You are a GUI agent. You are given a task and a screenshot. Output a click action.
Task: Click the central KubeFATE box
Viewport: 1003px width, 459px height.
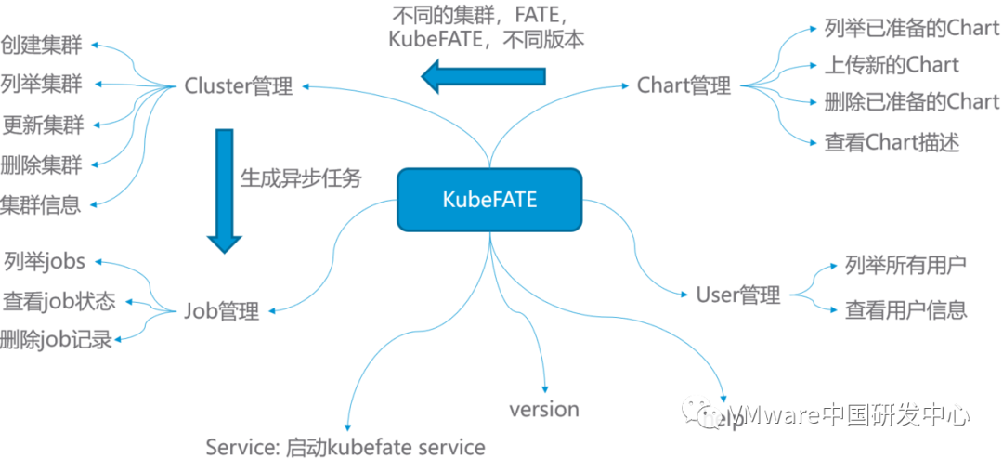(x=488, y=199)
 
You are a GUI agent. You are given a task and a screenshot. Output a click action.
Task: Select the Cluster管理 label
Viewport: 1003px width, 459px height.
(x=239, y=86)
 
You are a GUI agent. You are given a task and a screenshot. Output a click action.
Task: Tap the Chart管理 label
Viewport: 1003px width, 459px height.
(x=684, y=86)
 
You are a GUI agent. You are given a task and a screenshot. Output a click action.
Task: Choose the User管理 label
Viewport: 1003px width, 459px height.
(x=738, y=295)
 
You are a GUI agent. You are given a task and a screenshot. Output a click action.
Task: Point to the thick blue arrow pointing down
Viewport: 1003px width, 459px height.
(x=224, y=190)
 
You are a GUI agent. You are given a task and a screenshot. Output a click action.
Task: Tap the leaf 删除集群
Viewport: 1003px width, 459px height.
(x=42, y=164)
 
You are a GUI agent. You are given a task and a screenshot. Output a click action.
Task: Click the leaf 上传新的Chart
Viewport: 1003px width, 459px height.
(x=892, y=65)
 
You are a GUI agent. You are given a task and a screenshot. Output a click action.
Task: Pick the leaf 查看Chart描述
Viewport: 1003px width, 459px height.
(x=892, y=142)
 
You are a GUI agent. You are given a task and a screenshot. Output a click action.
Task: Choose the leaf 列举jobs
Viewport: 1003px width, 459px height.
(x=45, y=262)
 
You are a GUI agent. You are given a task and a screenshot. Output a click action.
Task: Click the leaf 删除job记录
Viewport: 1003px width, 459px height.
(x=56, y=339)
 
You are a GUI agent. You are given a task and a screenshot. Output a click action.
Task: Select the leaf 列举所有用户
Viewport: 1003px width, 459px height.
(x=905, y=265)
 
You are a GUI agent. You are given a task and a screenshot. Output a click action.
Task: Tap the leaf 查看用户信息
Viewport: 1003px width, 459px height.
(x=905, y=309)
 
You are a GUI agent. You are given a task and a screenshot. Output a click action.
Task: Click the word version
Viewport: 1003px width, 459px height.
(x=543, y=409)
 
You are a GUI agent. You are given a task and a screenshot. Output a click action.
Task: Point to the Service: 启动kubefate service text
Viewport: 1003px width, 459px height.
(x=345, y=447)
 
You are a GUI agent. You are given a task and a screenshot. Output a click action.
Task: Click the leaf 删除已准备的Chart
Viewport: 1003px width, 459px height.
(x=911, y=102)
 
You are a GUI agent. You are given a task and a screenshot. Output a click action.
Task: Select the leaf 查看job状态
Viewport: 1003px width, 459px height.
(x=59, y=301)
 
